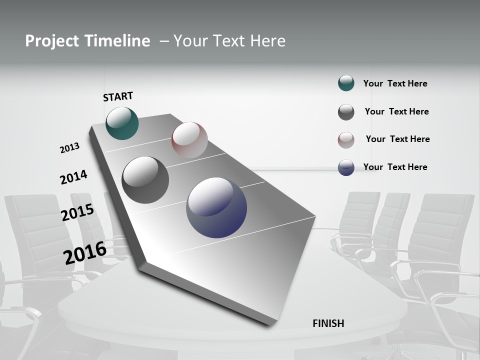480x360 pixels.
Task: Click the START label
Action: tap(118, 96)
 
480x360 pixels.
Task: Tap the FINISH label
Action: tap(328, 323)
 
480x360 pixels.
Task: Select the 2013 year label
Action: tap(69, 147)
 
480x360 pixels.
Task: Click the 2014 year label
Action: tap(73, 177)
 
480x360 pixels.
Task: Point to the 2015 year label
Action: tap(77, 212)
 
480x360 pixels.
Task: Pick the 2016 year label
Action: tap(85, 252)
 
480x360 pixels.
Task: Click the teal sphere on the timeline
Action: tap(122, 123)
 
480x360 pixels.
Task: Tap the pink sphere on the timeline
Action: tap(189, 139)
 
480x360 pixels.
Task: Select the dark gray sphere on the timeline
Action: tap(145, 180)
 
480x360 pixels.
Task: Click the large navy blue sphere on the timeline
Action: tap(216, 207)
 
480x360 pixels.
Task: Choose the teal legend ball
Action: tap(346, 83)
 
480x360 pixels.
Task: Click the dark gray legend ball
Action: tap(346, 112)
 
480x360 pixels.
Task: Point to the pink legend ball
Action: tap(346, 140)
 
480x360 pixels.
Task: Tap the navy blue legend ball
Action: tap(346, 167)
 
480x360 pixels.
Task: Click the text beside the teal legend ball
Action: tap(395, 83)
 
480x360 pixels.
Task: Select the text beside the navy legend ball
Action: tap(395, 167)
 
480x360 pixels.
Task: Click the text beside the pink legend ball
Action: tap(397, 139)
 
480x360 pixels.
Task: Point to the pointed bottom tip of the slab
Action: tap(270, 325)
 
